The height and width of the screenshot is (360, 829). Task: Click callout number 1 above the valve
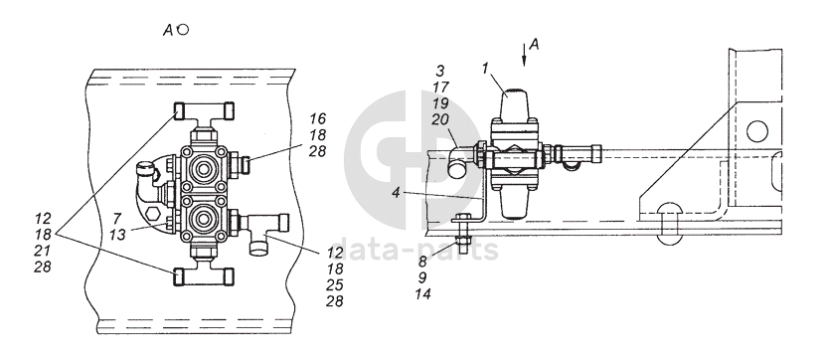(x=486, y=68)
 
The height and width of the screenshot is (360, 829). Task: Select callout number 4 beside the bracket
(x=397, y=193)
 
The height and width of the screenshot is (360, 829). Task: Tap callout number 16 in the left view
(x=318, y=118)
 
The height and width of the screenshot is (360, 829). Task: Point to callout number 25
(x=335, y=284)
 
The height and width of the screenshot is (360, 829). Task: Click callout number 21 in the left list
(x=43, y=251)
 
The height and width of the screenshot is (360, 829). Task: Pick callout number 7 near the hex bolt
(x=117, y=217)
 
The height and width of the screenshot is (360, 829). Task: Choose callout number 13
(x=117, y=234)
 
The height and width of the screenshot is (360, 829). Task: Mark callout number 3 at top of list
(x=440, y=71)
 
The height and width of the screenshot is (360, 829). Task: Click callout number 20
(x=440, y=120)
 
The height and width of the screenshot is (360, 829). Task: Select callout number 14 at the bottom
(x=422, y=294)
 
